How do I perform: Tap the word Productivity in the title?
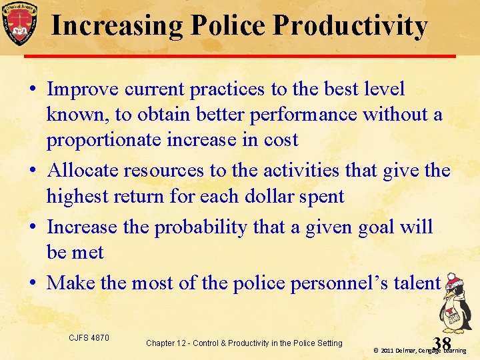350,26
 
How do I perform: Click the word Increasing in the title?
118,26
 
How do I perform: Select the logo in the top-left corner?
19,23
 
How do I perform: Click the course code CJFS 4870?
89,338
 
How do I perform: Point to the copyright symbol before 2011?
376,350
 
